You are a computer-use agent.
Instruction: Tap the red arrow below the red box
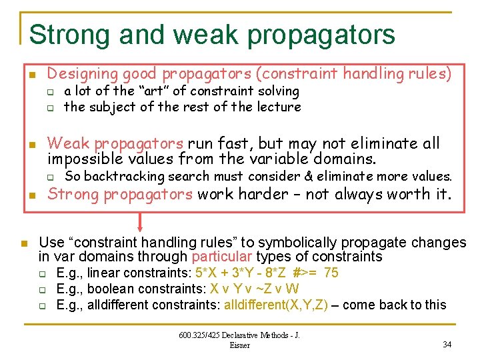141,223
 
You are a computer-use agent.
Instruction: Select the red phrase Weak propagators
115,143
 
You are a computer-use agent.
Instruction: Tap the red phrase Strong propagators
120,195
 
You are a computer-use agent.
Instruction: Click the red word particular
222,257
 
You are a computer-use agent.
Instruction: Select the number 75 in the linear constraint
331,273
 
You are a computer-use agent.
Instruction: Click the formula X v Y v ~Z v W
255,289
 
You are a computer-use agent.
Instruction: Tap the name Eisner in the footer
239,345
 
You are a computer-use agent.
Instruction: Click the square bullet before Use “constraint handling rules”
23,243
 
